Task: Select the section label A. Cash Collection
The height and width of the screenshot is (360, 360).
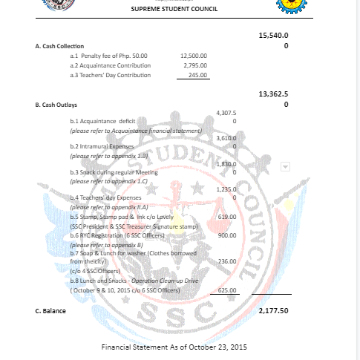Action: coord(59,46)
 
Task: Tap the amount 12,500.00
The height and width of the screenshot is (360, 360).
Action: coord(194,56)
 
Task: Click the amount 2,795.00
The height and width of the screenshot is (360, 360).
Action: coord(195,65)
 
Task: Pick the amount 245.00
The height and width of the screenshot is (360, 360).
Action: coord(198,75)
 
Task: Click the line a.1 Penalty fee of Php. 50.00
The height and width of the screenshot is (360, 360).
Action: coord(109,56)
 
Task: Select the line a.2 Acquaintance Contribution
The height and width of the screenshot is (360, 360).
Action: coord(110,65)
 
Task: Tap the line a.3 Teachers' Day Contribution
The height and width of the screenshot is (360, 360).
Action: coord(110,75)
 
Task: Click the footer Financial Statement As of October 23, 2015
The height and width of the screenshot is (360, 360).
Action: coord(174,347)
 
